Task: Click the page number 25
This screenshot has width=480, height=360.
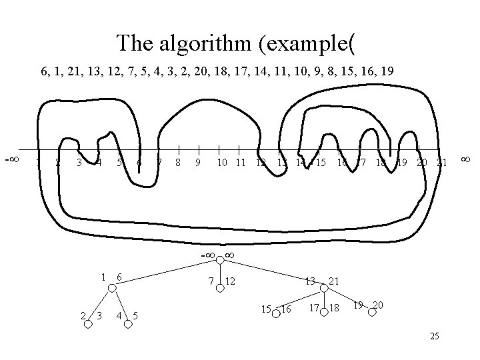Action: (x=434, y=337)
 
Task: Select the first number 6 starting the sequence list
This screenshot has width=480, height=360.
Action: (x=45, y=72)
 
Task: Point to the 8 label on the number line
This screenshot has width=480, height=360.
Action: (x=179, y=162)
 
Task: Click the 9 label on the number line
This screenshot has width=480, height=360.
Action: (x=199, y=162)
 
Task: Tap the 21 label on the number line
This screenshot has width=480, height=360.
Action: (x=441, y=162)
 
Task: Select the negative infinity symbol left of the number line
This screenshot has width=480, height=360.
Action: (x=11, y=160)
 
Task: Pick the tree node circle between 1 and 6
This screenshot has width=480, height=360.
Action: (x=112, y=288)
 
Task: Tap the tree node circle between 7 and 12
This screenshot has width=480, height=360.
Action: (x=219, y=287)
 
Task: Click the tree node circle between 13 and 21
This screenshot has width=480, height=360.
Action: (x=323, y=288)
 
